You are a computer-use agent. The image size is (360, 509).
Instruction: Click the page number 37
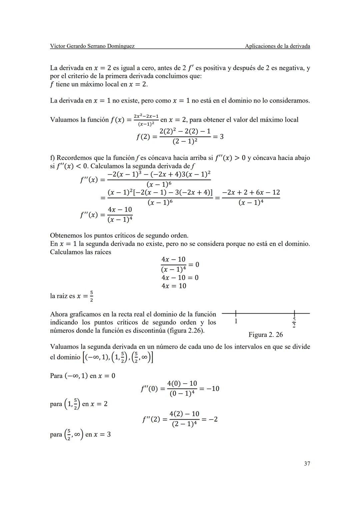tap(307, 464)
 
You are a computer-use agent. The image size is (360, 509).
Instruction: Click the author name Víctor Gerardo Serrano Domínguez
tap(92, 46)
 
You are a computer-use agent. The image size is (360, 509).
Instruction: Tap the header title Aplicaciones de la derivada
tap(277, 46)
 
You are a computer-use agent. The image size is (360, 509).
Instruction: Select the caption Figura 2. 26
tap(265, 335)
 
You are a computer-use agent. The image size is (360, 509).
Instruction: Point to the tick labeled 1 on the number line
tap(236, 321)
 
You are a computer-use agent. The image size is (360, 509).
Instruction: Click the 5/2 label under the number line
tap(294, 322)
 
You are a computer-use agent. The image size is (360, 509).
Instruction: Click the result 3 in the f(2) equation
tap(221, 137)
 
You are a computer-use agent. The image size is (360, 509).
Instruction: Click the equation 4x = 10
tap(174, 286)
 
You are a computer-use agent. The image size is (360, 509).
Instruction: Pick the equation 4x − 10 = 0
tap(180, 278)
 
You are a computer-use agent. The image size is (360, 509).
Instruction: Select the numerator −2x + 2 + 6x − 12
tap(251, 193)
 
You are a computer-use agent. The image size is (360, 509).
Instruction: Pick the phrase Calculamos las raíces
tap(81, 252)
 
